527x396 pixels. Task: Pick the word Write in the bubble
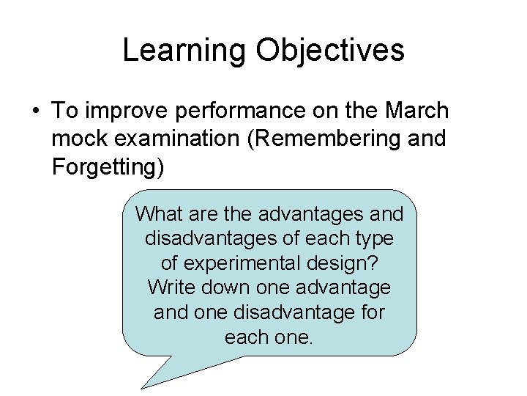coord(169,288)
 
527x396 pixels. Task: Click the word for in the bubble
coord(369,313)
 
